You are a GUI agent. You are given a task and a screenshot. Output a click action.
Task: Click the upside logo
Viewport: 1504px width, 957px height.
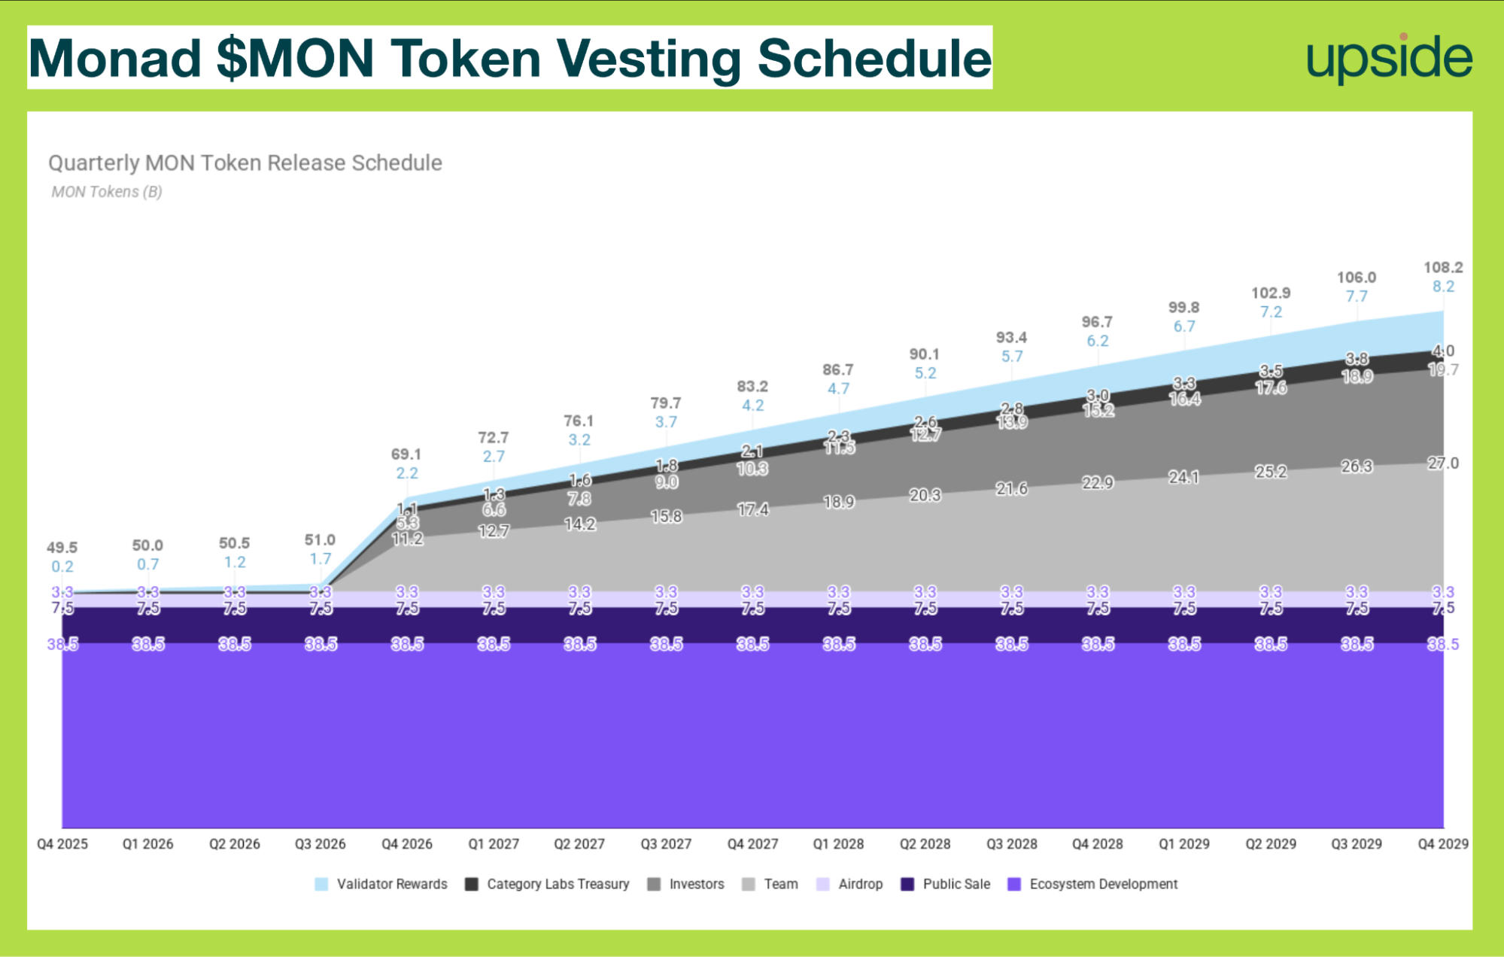tap(1389, 59)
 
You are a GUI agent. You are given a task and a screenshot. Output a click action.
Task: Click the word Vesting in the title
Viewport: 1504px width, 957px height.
tap(648, 59)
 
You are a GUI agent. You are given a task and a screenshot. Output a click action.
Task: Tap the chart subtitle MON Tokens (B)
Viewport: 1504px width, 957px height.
tap(107, 192)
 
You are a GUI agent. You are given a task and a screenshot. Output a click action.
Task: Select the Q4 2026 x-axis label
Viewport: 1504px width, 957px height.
tap(406, 844)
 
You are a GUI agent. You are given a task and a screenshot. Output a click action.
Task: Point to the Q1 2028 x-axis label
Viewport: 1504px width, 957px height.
tap(838, 844)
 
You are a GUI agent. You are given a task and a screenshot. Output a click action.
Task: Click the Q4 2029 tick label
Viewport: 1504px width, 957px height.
tap(1442, 844)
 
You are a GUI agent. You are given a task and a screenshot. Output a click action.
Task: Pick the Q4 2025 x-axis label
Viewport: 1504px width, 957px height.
tap(62, 844)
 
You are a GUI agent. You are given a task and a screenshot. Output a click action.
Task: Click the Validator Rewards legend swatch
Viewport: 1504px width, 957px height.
tap(321, 884)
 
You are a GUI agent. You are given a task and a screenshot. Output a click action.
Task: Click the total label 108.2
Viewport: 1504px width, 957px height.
tap(1442, 268)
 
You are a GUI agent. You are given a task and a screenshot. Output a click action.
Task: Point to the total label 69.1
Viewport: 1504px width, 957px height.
tap(406, 454)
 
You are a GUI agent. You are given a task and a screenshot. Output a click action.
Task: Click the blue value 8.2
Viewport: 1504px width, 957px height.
tap(1442, 287)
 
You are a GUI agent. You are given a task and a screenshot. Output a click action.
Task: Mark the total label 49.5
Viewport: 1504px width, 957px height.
tap(62, 548)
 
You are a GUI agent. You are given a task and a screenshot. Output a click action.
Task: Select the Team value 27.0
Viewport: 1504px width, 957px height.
tap(1442, 463)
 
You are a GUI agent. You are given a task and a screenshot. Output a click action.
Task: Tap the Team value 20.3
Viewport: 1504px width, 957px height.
tap(925, 495)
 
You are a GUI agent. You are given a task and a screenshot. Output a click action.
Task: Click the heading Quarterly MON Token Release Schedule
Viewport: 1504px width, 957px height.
tap(245, 163)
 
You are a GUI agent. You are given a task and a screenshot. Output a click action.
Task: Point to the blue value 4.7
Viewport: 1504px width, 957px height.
tap(838, 389)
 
